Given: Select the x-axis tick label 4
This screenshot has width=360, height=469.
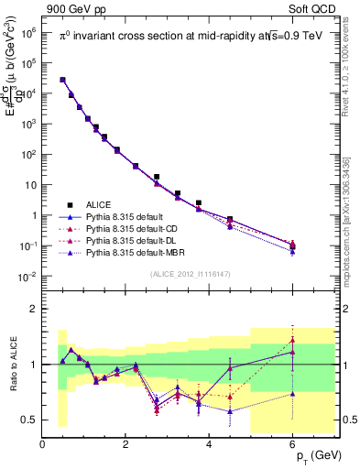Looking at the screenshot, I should pyautogui.click(x=210, y=444).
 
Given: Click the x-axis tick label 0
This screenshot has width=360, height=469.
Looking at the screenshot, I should pyautogui.click(x=42, y=444).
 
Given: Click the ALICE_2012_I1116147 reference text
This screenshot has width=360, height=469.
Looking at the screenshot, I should pyautogui.click(x=191, y=274).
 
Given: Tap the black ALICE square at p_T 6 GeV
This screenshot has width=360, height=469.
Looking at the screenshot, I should pyautogui.click(x=292, y=246).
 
